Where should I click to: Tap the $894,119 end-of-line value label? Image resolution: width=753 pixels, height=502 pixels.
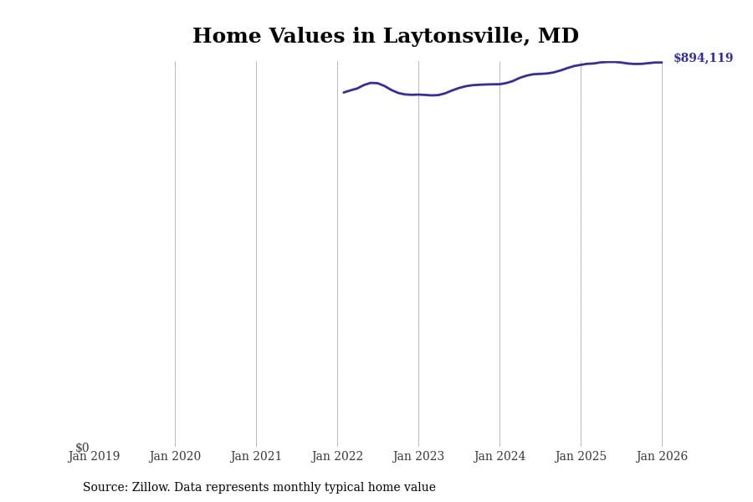703,59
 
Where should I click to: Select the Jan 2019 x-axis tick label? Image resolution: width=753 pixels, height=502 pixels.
94,457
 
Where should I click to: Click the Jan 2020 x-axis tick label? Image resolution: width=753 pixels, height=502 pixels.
175,457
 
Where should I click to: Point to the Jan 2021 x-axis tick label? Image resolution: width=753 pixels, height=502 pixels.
256,457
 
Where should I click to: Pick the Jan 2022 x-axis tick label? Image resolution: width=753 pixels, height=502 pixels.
337,457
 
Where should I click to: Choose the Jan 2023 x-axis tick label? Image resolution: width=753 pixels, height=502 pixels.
418,457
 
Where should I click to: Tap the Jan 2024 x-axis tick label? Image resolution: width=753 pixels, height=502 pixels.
499,457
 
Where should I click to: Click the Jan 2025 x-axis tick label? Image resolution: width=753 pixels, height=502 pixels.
581,457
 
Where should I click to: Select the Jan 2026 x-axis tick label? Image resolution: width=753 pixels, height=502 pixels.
662,457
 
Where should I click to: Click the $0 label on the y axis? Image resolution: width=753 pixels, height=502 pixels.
82,448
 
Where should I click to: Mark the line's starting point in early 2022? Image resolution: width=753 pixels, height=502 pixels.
344,92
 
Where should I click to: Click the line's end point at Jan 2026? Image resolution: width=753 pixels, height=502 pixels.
662,62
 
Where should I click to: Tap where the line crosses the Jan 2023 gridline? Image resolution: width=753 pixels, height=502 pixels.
418,95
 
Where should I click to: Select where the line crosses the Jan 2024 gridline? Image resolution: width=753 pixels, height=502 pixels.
499,84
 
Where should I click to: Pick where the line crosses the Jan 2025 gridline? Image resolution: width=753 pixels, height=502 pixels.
581,64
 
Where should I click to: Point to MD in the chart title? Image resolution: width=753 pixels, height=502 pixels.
559,37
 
